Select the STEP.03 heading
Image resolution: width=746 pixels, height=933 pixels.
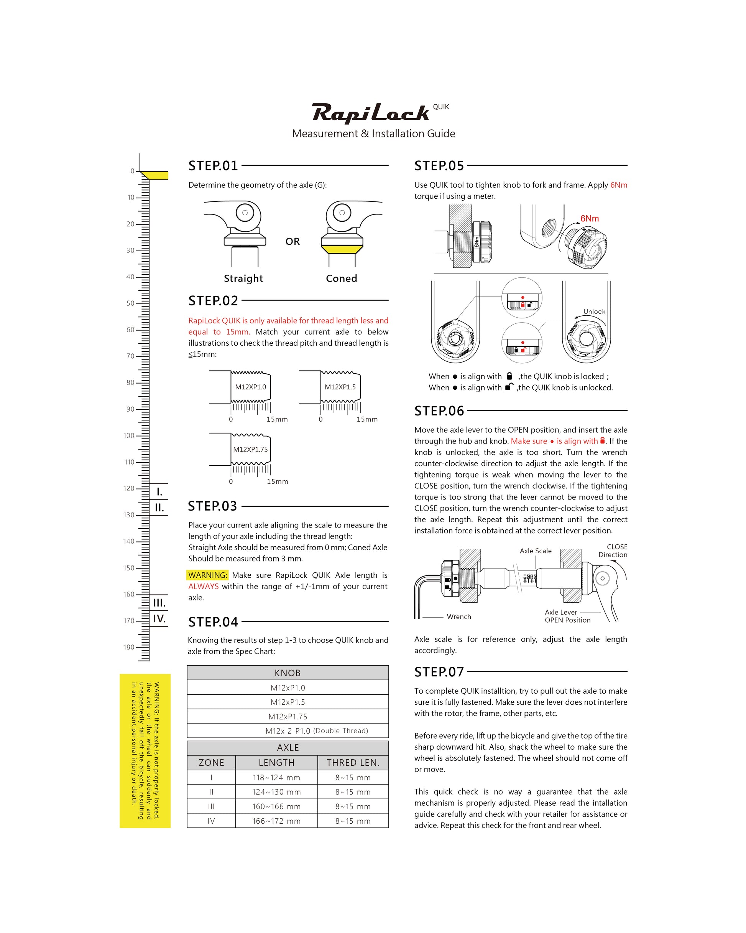(x=212, y=506)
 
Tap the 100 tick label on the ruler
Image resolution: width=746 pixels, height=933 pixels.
(x=129, y=435)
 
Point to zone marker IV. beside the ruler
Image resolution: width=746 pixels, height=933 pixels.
(x=159, y=619)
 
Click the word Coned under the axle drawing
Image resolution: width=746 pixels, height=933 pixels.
(x=341, y=278)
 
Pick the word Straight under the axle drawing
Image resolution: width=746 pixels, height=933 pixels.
(x=243, y=278)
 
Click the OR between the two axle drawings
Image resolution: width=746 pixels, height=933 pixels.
(x=292, y=241)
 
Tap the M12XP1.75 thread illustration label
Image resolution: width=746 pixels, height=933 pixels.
(x=250, y=449)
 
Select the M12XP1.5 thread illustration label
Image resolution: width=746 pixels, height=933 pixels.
(x=340, y=387)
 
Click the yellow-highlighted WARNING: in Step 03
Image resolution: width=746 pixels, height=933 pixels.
(x=207, y=575)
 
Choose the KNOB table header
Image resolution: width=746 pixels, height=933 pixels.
(x=288, y=673)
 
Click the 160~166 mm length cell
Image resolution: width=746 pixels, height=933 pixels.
(x=276, y=806)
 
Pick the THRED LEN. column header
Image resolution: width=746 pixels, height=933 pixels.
(x=353, y=763)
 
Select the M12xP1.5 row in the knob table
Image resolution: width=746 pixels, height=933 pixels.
(x=288, y=702)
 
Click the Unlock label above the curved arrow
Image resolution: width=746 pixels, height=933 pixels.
(x=594, y=312)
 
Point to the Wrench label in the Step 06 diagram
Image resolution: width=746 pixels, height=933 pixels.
(x=459, y=617)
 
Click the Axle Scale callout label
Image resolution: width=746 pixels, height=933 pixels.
(x=536, y=551)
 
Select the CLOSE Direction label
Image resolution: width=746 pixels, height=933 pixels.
(x=613, y=551)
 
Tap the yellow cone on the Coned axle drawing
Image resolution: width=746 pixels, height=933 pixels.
(x=342, y=249)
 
